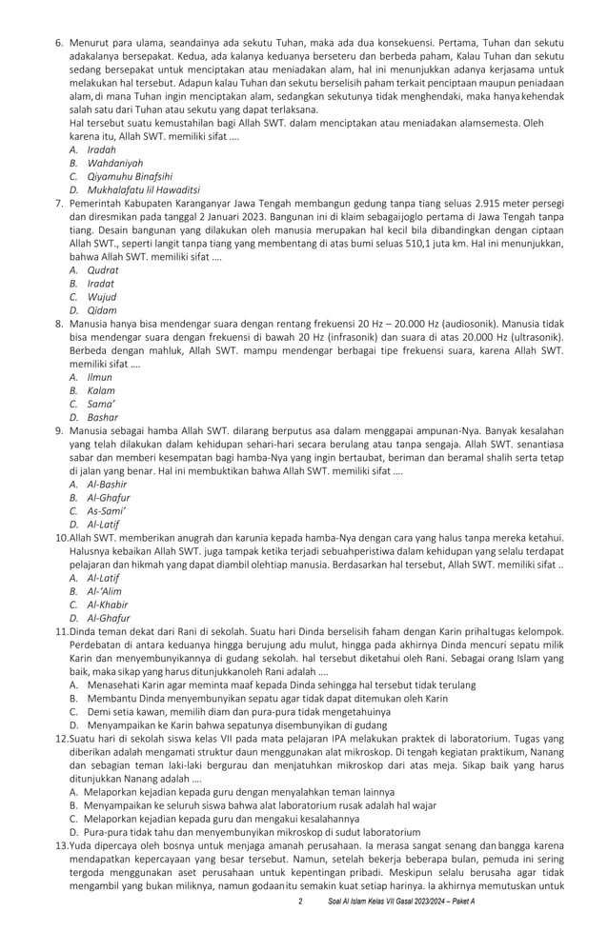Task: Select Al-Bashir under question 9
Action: pos(106,484)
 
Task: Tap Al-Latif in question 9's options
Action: pos(103,524)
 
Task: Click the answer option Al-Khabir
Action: pos(107,604)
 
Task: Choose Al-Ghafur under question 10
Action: pos(108,617)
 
